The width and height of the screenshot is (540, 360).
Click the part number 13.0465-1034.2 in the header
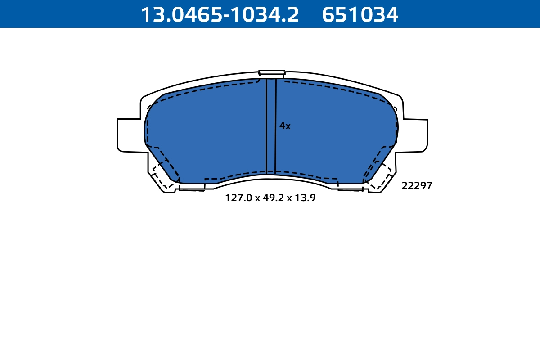[220, 14]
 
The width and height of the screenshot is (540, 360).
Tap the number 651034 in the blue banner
[360, 14]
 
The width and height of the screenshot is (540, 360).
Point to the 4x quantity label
[285, 126]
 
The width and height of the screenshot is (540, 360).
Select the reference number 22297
[417, 186]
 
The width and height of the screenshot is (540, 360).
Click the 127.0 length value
[239, 198]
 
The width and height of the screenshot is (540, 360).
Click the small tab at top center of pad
[272, 72]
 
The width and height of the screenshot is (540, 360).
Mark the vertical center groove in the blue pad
[271, 126]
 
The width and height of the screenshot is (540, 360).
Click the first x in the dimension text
[258, 198]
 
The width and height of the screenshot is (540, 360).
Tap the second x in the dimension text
[288, 198]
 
